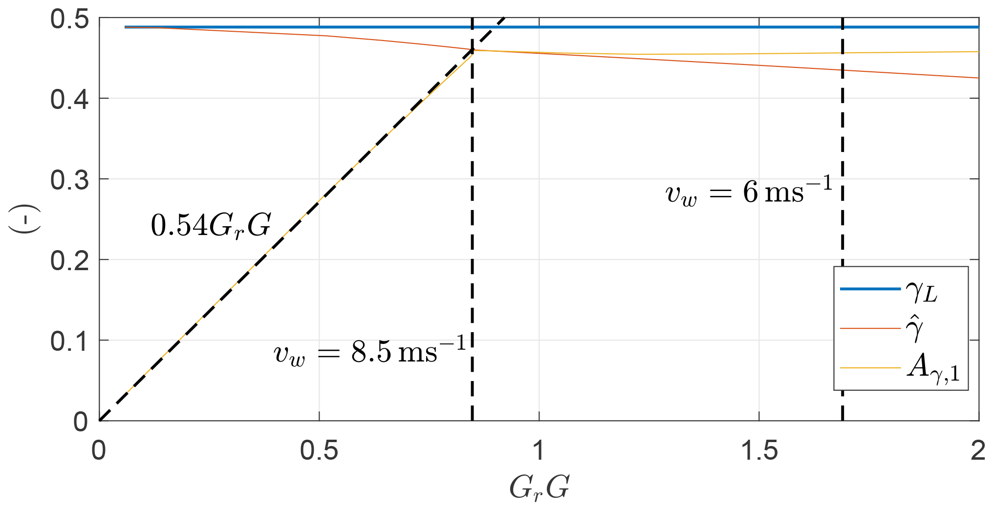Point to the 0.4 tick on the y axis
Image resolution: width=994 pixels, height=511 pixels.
(x=69, y=100)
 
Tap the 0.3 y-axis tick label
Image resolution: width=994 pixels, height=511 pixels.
(x=69, y=180)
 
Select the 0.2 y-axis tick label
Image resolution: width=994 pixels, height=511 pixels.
(x=69, y=260)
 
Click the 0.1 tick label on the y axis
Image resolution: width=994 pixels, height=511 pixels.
(x=69, y=341)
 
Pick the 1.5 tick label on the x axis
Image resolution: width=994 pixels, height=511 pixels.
(x=759, y=450)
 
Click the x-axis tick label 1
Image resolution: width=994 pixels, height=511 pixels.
(x=539, y=450)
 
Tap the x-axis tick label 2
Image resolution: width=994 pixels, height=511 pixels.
(x=978, y=450)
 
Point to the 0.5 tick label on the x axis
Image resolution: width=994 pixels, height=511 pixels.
(x=319, y=450)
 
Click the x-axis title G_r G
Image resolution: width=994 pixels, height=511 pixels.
(x=539, y=488)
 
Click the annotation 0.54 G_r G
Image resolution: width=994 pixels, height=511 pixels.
(x=211, y=226)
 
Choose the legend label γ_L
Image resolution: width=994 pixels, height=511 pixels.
(x=922, y=292)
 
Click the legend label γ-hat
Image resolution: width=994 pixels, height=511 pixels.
(x=914, y=328)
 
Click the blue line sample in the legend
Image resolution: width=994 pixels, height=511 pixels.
(x=870, y=289)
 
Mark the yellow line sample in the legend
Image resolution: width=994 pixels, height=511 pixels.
(x=870, y=368)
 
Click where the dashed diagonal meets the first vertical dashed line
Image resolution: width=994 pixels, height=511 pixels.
(x=472, y=49)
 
